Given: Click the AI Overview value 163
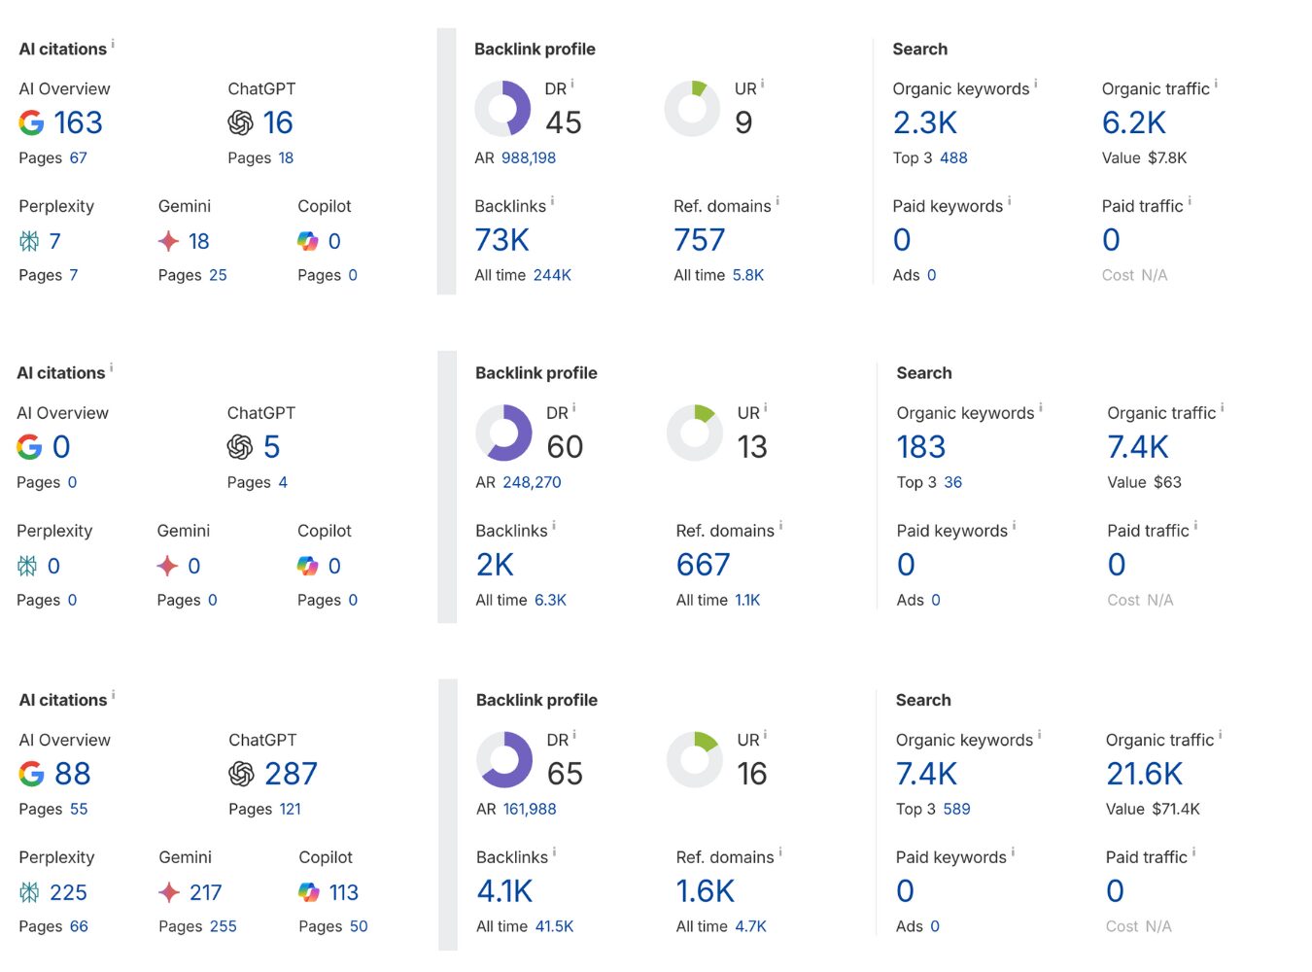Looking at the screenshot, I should (78, 123).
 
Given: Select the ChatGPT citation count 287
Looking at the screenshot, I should (291, 774).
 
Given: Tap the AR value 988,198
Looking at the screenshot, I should (529, 157).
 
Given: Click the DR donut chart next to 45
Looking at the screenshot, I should (502, 109).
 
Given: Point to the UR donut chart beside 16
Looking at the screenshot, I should (694, 759).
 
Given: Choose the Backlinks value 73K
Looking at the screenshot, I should (501, 240).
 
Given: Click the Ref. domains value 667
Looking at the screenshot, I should (703, 565).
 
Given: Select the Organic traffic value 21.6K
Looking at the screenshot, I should (1144, 774).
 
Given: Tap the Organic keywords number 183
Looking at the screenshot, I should (920, 447).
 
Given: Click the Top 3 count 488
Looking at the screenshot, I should (953, 157).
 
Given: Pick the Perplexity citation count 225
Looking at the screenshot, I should (68, 892).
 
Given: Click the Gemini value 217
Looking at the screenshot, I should (206, 892).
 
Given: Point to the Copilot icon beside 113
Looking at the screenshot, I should (309, 892).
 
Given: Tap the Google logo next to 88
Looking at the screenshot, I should (31, 774).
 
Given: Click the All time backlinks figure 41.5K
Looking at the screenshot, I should (554, 926).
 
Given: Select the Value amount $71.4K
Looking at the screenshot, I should (1176, 809).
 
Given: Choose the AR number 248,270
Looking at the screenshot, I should (532, 482).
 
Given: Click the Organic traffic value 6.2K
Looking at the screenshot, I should (1133, 123).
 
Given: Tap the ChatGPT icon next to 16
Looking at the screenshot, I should (240, 123).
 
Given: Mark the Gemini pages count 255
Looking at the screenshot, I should (223, 926).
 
